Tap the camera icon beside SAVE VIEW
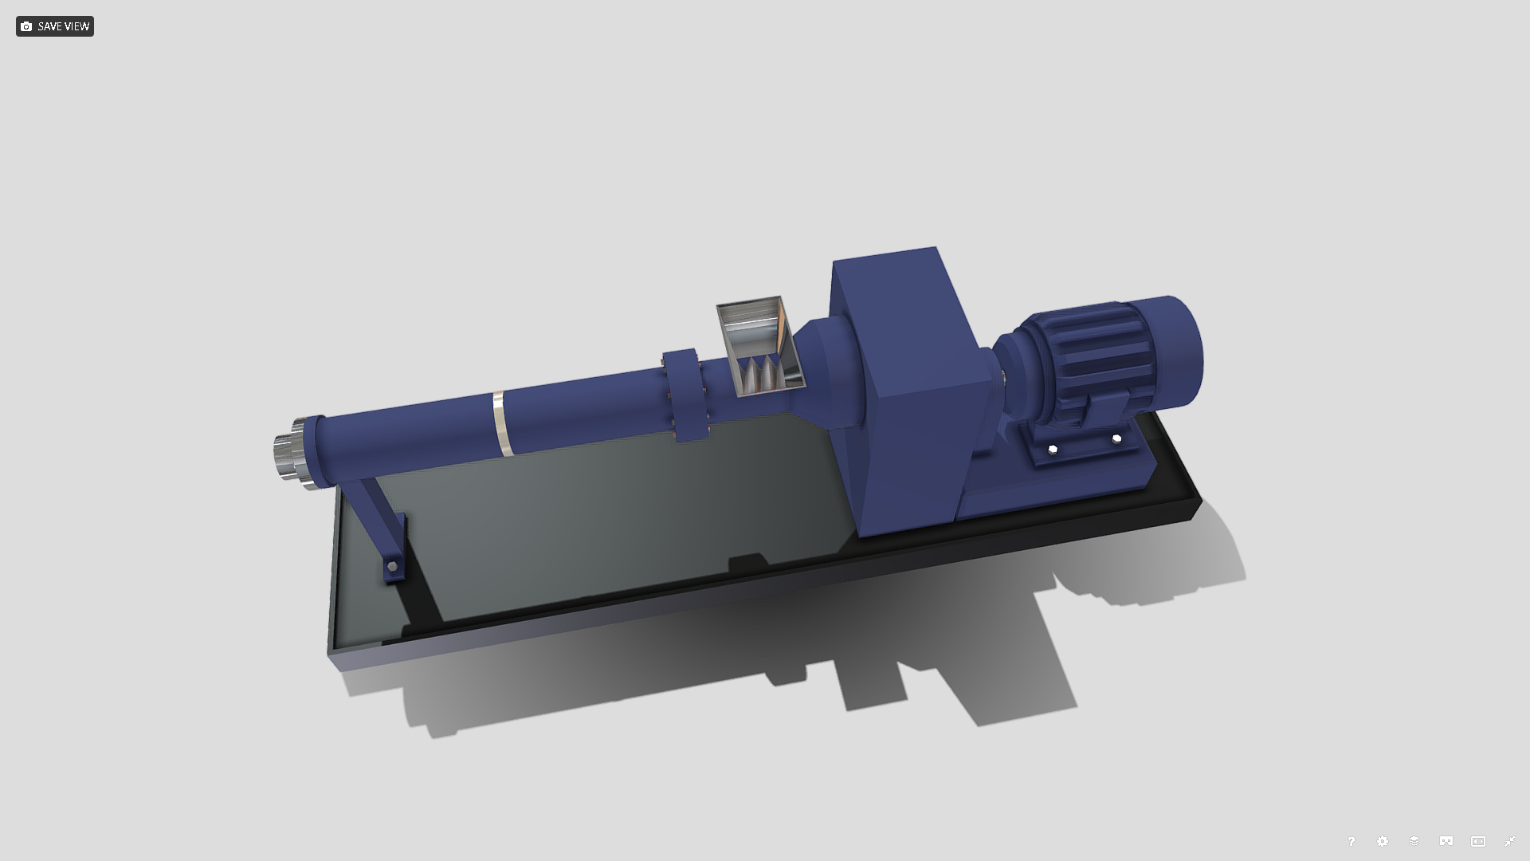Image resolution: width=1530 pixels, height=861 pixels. coord(26,26)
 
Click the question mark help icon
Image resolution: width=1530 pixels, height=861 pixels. coord(1351,841)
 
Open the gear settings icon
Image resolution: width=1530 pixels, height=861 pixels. coord(1383,841)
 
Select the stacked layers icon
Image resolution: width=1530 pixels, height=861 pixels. coord(1414,841)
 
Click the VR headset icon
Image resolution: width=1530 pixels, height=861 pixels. coord(1446,841)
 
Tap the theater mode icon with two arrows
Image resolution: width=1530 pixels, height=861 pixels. coord(1478,841)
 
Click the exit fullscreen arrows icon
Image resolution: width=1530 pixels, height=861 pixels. coord(1509,841)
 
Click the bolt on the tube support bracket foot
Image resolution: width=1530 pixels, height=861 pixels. coord(392,567)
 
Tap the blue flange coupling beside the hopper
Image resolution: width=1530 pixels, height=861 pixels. coord(685,395)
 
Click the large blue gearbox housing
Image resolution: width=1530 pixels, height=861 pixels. coord(908,383)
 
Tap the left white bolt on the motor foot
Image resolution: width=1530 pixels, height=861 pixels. coord(1053,450)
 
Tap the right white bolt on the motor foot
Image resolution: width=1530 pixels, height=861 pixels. coord(1116,439)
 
